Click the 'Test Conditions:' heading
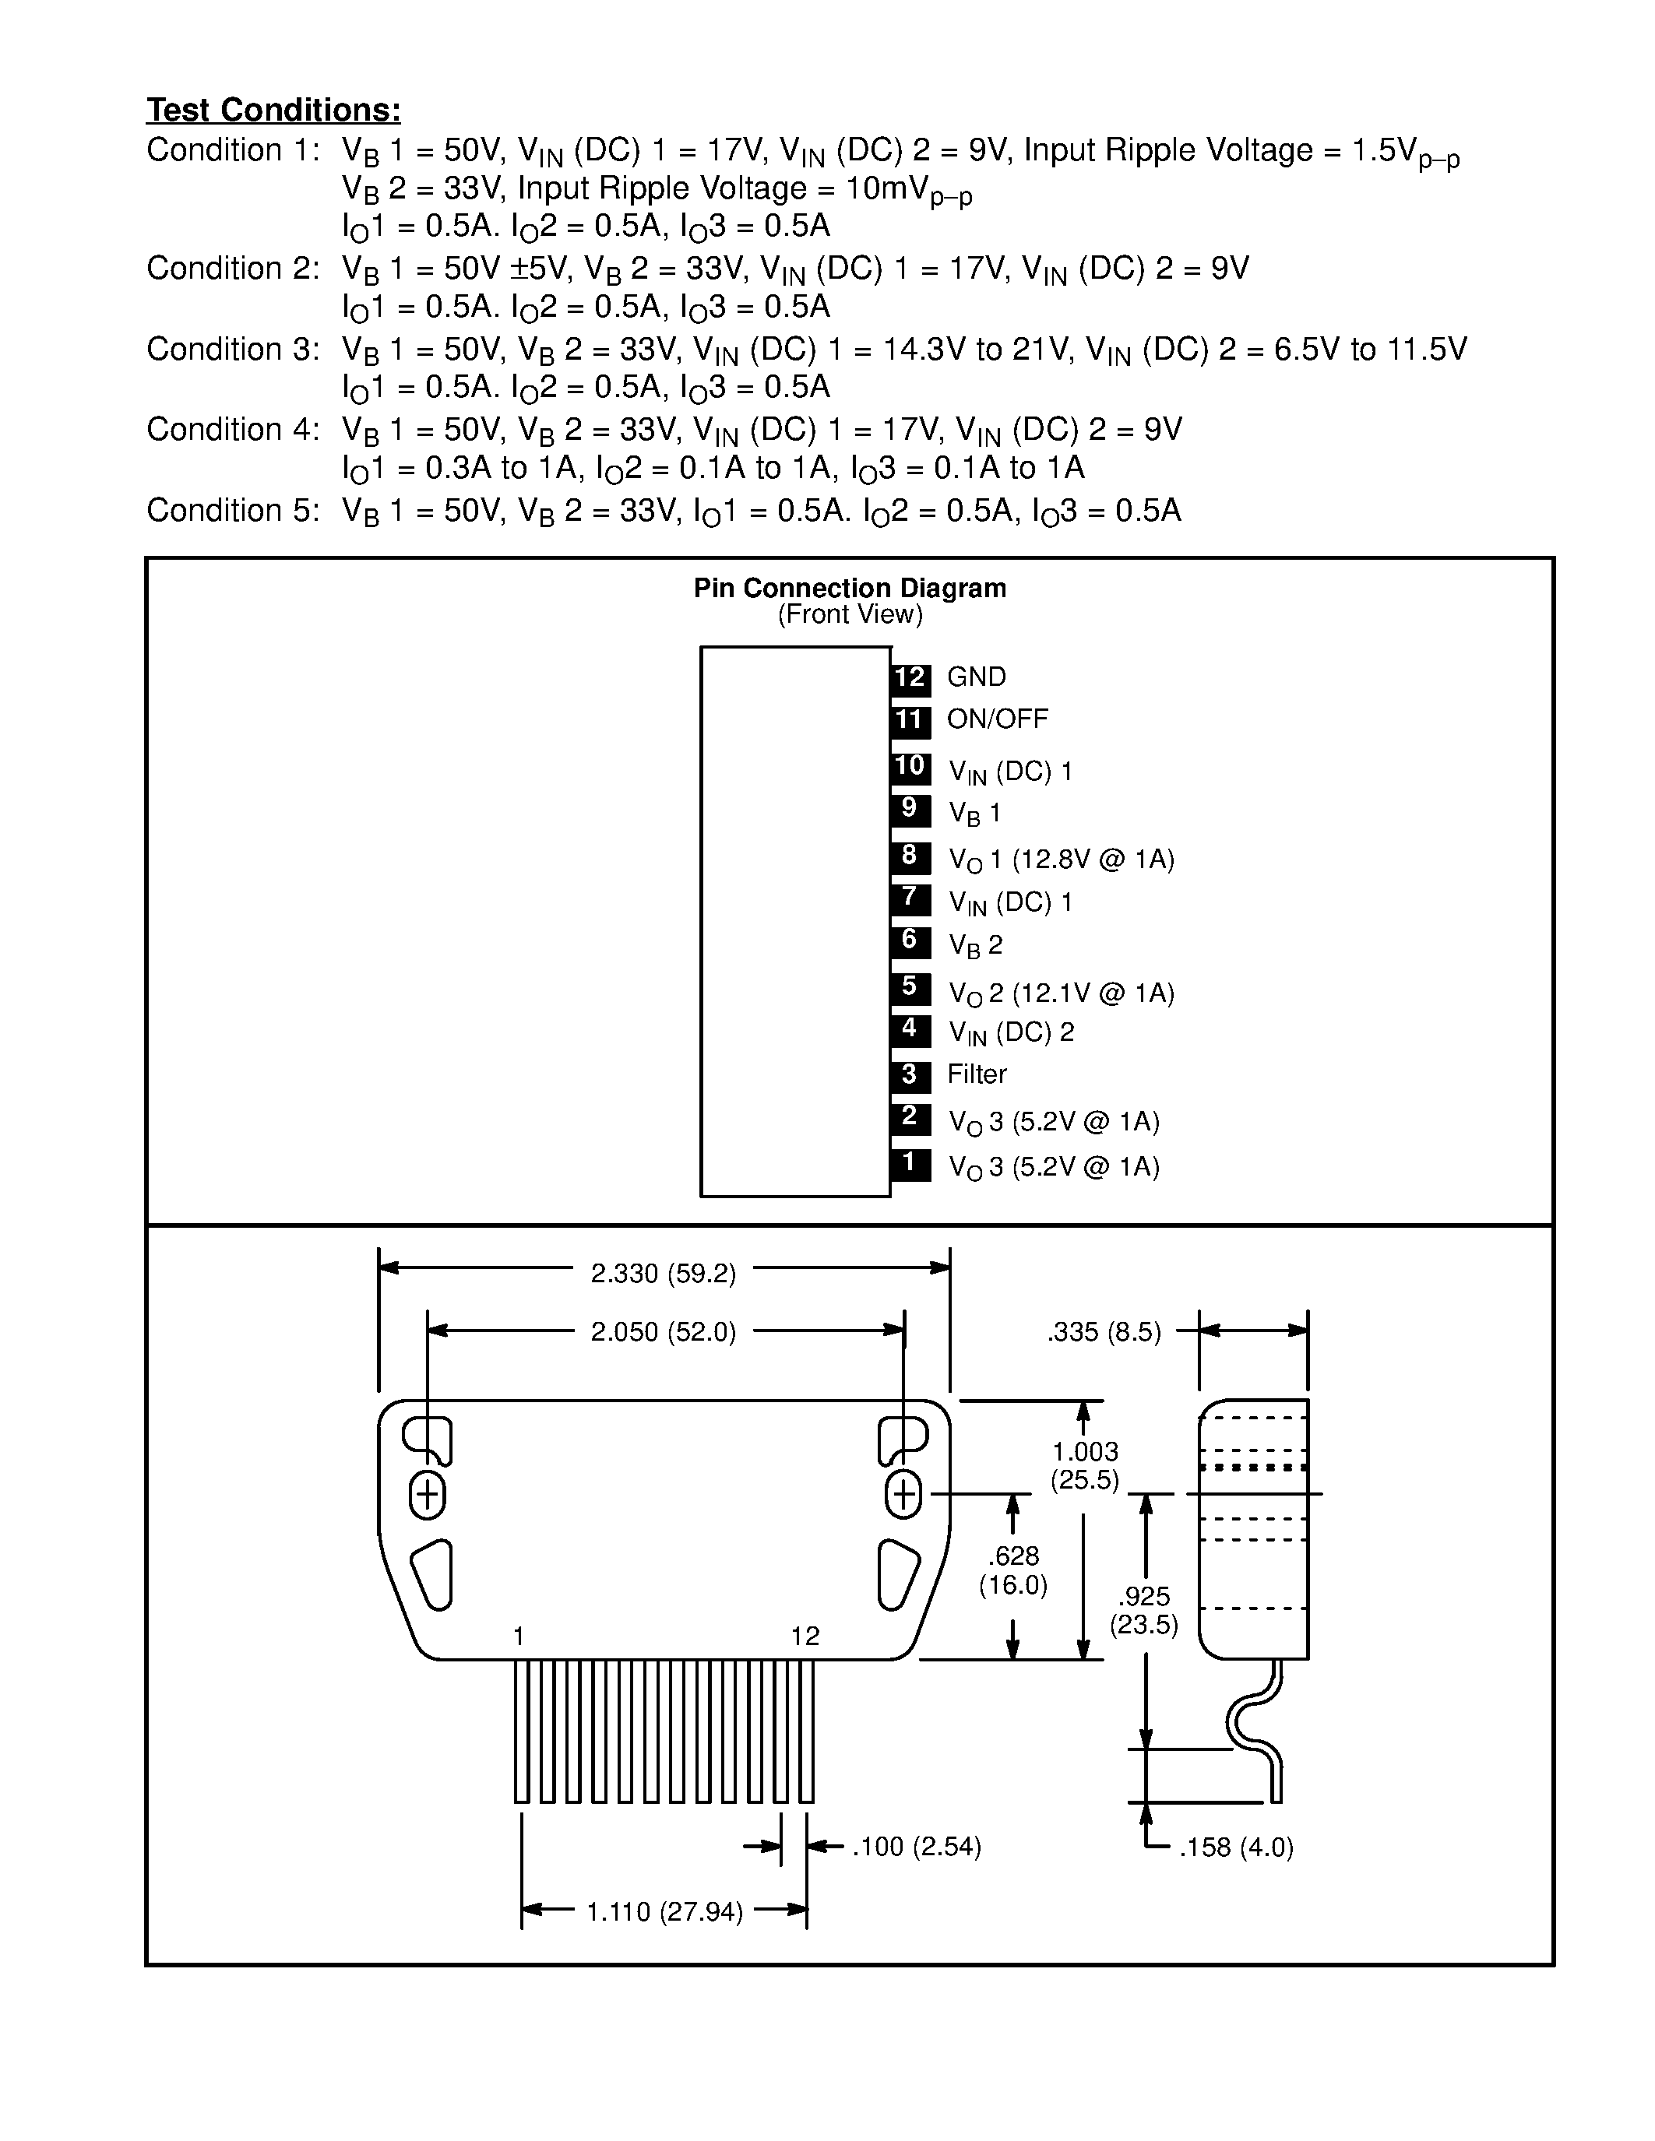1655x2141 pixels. pyautogui.click(x=273, y=110)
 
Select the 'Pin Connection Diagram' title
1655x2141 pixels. pyautogui.click(x=849, y=588)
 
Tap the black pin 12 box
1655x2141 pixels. pyautogui.click(x=910, y=677)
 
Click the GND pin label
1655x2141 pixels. pyautogui.click(x=977, y=677)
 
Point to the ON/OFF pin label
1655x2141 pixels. pyautogui.click(x=997, y=719)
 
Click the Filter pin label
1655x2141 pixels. pyautogui.click(x=977, y=1074)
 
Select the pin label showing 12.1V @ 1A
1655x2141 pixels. pyautogui.click(x=1061, y=994)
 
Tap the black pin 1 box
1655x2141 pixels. pyautogui.click(x=910, y=1164)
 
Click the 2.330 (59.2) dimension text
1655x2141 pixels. pyautogui.click(x=663, y=1274)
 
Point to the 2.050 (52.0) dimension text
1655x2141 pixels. pyautogui.click(x=663, y=1332)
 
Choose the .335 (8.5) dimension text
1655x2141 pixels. pyautogui.click(x=1104, y=1332)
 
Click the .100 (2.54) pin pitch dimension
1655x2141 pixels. pyautogui.click(x=917, y=1847)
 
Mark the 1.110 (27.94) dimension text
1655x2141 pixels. pyautogui.click(x=665, y=1911)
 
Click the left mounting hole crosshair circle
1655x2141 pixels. pyautogui.click(x=427, y=1495)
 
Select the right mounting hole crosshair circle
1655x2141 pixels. pyautogui.click(x=903, y=1495)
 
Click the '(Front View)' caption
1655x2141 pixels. pyautogui.click(x=850, y=614)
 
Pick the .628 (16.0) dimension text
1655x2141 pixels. pyautogui.click(x=1012, y=1570)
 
